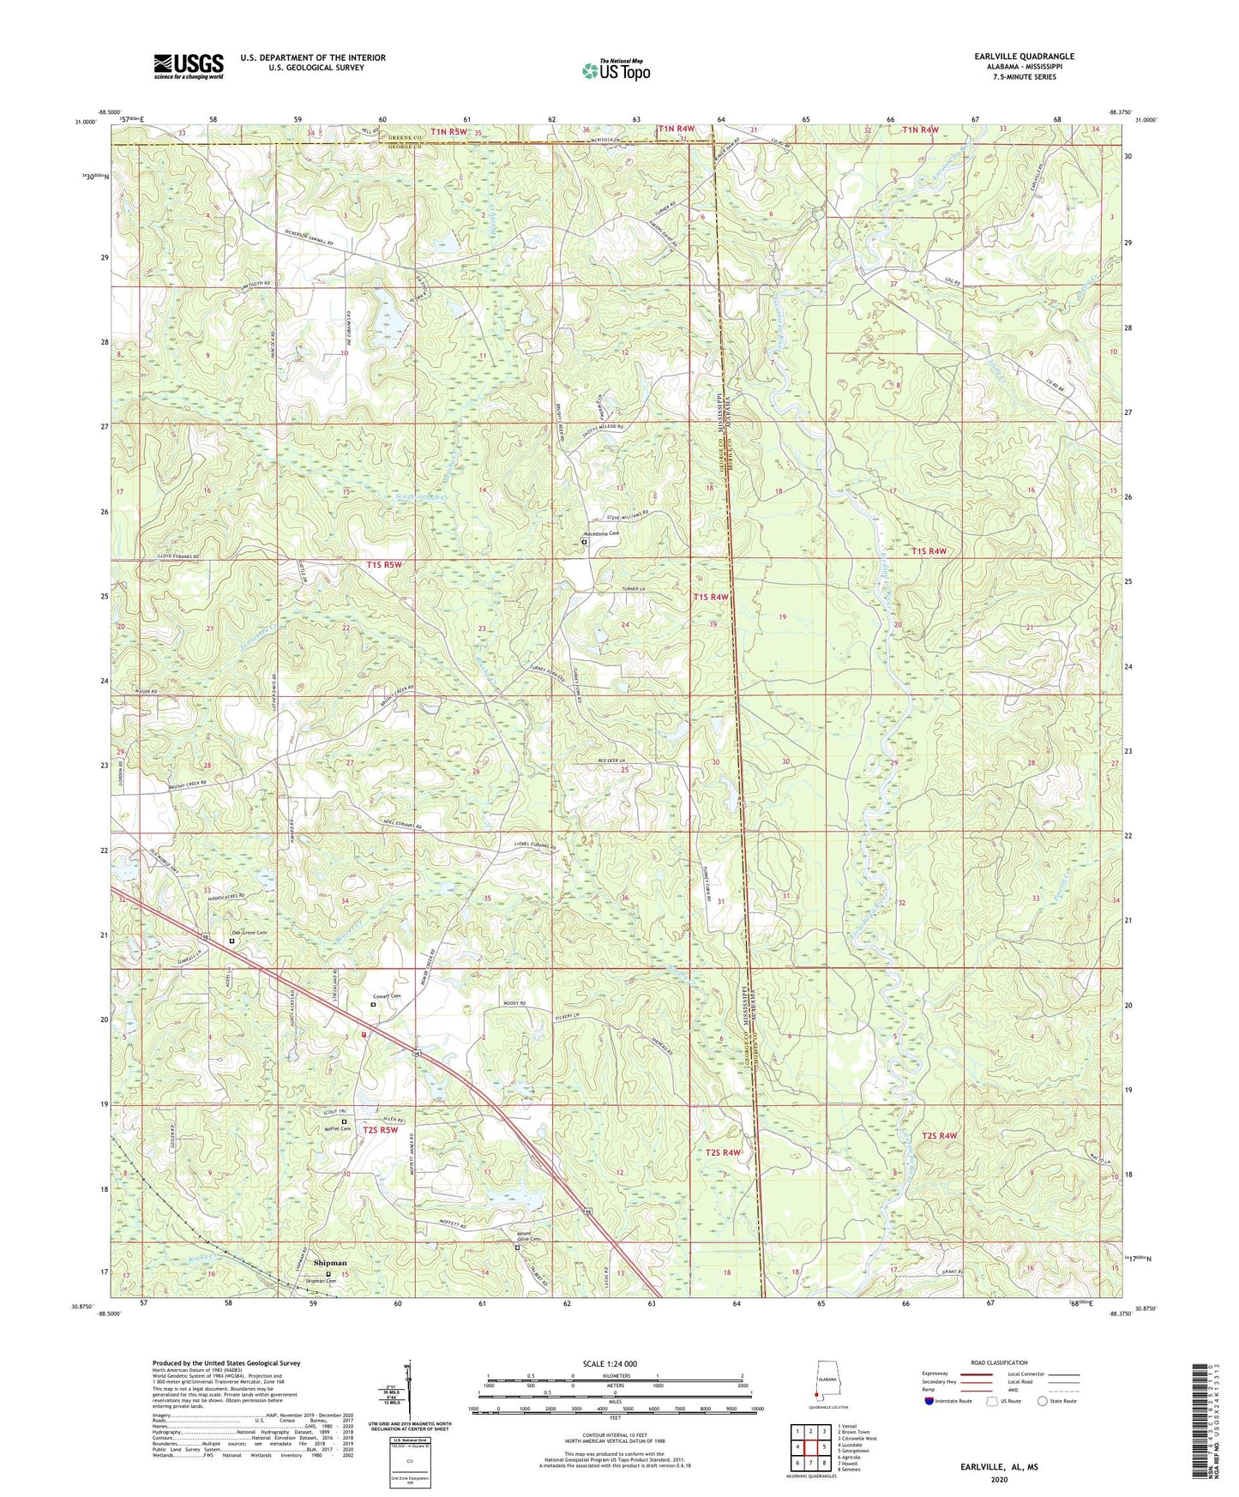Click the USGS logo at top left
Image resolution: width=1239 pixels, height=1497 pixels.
tap(188, 66)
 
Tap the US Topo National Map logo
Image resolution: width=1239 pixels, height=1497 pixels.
tap(615, 70)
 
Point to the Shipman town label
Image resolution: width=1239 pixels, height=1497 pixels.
tap(330, 1262)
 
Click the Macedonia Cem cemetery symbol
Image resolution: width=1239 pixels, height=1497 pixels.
tap(585, 542)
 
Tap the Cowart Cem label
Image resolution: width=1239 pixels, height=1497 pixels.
tap(386, 995)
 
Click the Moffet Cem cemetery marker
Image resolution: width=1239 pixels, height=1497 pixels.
tap(345, 1121)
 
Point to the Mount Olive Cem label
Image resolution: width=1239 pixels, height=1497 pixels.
tap(528, 1237)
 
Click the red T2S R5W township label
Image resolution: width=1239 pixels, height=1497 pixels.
tap(381, 1130)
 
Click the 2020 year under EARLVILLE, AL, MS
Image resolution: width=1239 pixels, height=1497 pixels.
tap(998, 1479)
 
